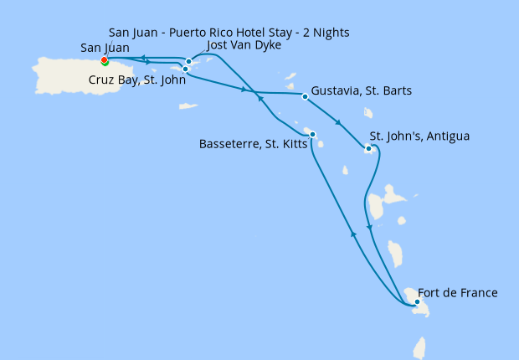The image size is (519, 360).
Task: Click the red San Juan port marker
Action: pyautogui.click(x=104, y=60)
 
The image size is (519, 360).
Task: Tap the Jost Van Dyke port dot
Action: pyautogui.click(x=189, y=61)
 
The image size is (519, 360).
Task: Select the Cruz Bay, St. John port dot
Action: pyautogui.click(x=186, y=69)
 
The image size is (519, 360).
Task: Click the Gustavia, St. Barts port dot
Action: pyautogui.click(x=305, y=97)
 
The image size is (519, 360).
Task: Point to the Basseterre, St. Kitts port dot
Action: pyautogui.click(x=311, y=134)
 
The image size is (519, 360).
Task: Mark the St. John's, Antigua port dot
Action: pyautogui.click(x=368, y=149)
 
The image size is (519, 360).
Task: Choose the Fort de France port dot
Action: pyautogui.click(x=417, y=301)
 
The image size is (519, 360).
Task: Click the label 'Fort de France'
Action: pyautogui.click(x=457, y=293)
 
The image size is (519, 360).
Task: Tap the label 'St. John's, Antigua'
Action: pyautogui.click(x=419, y=136)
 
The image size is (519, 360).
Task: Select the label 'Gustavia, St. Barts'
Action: pyautogui.click(x=361, y=90)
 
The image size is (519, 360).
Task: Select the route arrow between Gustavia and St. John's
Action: pyautogui.click(x=338, y=123)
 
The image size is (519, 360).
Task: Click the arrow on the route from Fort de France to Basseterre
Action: pyautogui.click(x=353, y=236)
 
